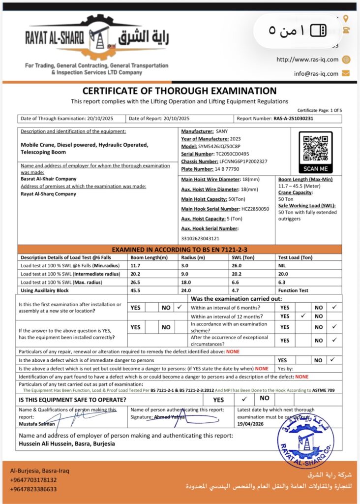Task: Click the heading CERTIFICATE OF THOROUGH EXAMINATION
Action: click(180, 91)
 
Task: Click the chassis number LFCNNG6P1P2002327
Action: click(243, 161)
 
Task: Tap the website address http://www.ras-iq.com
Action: click(307, 60)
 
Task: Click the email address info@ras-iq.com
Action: click(316, 74)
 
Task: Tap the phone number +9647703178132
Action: click(33, 480)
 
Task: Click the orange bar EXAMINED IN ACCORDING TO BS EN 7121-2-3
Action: click(180, 250)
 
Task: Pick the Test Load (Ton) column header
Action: click(295, 257)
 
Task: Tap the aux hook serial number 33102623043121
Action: click(200, 238)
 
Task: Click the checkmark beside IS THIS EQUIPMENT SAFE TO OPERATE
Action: click(244, 399)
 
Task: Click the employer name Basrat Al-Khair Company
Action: click(49, 179)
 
